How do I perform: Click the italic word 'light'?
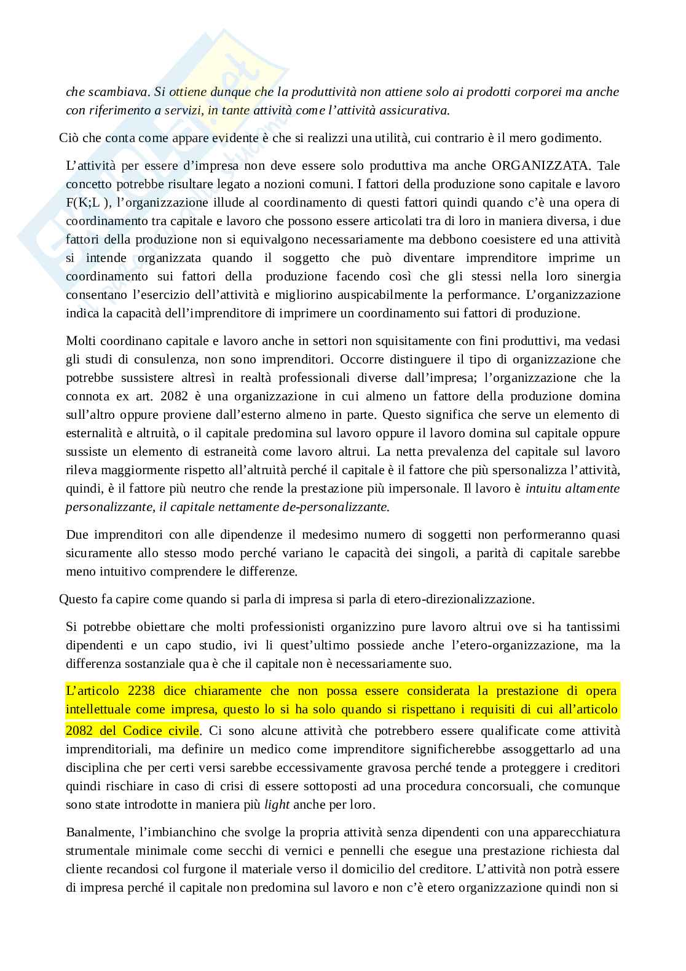tap(277, 804)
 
